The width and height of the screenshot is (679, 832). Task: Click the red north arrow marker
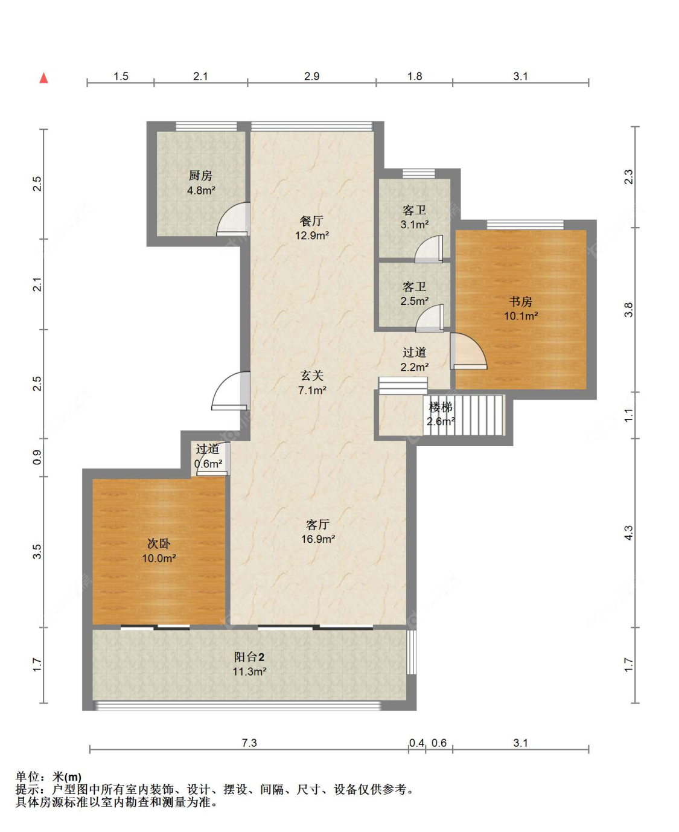click(44, 78)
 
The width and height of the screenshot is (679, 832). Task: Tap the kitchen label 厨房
click(200, 175)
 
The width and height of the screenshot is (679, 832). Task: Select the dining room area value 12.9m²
click(312, 235)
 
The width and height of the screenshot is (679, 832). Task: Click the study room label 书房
click(520, 302)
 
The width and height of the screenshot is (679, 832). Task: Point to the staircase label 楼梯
click(441, 407)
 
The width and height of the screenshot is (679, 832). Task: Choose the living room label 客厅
click(318, 524)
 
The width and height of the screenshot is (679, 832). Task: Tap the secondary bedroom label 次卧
click(159, 543)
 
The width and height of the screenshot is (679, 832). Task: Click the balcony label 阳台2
click(249, 657)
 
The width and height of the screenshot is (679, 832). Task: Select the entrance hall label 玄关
click(312, 375)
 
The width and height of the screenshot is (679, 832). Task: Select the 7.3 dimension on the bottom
click(249, 743)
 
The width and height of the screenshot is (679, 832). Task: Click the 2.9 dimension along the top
click(311, 76)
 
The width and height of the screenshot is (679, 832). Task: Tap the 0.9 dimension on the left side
click(37, 457)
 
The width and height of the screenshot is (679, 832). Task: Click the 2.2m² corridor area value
click(415, 367)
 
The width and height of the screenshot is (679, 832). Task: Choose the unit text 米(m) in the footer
click(66, 777)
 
